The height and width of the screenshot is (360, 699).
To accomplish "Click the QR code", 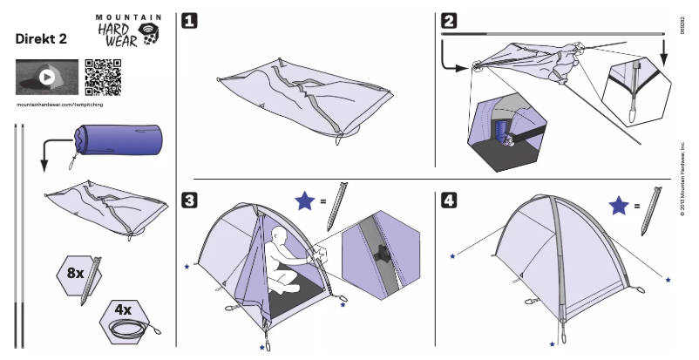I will click(103, 78).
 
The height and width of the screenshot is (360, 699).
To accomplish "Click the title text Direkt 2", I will click(43, 40).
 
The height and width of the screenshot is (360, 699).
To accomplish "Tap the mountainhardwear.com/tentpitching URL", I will click(68, 105).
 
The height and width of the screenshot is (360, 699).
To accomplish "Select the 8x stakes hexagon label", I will click(76, 273).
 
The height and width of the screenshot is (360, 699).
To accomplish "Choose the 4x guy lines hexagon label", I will click(125, 309).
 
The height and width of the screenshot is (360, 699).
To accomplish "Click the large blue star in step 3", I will click(304, 202).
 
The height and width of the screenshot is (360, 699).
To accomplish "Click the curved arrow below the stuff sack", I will click(49, 158).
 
